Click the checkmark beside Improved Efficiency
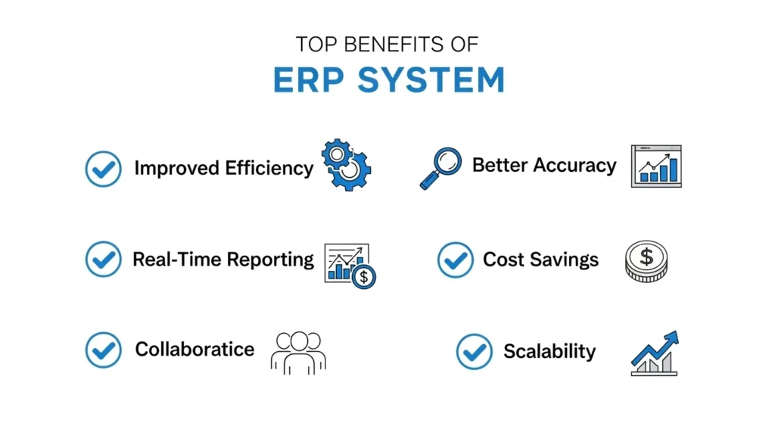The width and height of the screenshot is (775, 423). pos(103,168)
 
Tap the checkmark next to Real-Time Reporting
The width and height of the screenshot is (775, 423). pos(103,260)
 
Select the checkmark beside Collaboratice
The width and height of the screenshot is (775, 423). pos(103,350)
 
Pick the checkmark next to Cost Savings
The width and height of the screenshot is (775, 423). pos(456,260)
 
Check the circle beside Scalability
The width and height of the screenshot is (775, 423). pos(475,352)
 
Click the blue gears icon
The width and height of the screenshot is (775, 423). pos(346,163)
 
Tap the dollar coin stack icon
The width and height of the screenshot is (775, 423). pos(646,261)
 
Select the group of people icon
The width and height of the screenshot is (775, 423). pos(297,351)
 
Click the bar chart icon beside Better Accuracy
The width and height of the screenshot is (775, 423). pos(656,166)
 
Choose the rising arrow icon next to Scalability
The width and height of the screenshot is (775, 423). pos(655,353)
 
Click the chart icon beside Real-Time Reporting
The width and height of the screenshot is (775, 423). pos(350,265)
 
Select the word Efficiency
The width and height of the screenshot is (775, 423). pos(269,168)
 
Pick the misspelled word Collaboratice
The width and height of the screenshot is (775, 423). pos(195,349)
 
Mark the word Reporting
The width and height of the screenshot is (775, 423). pos(270,260)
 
